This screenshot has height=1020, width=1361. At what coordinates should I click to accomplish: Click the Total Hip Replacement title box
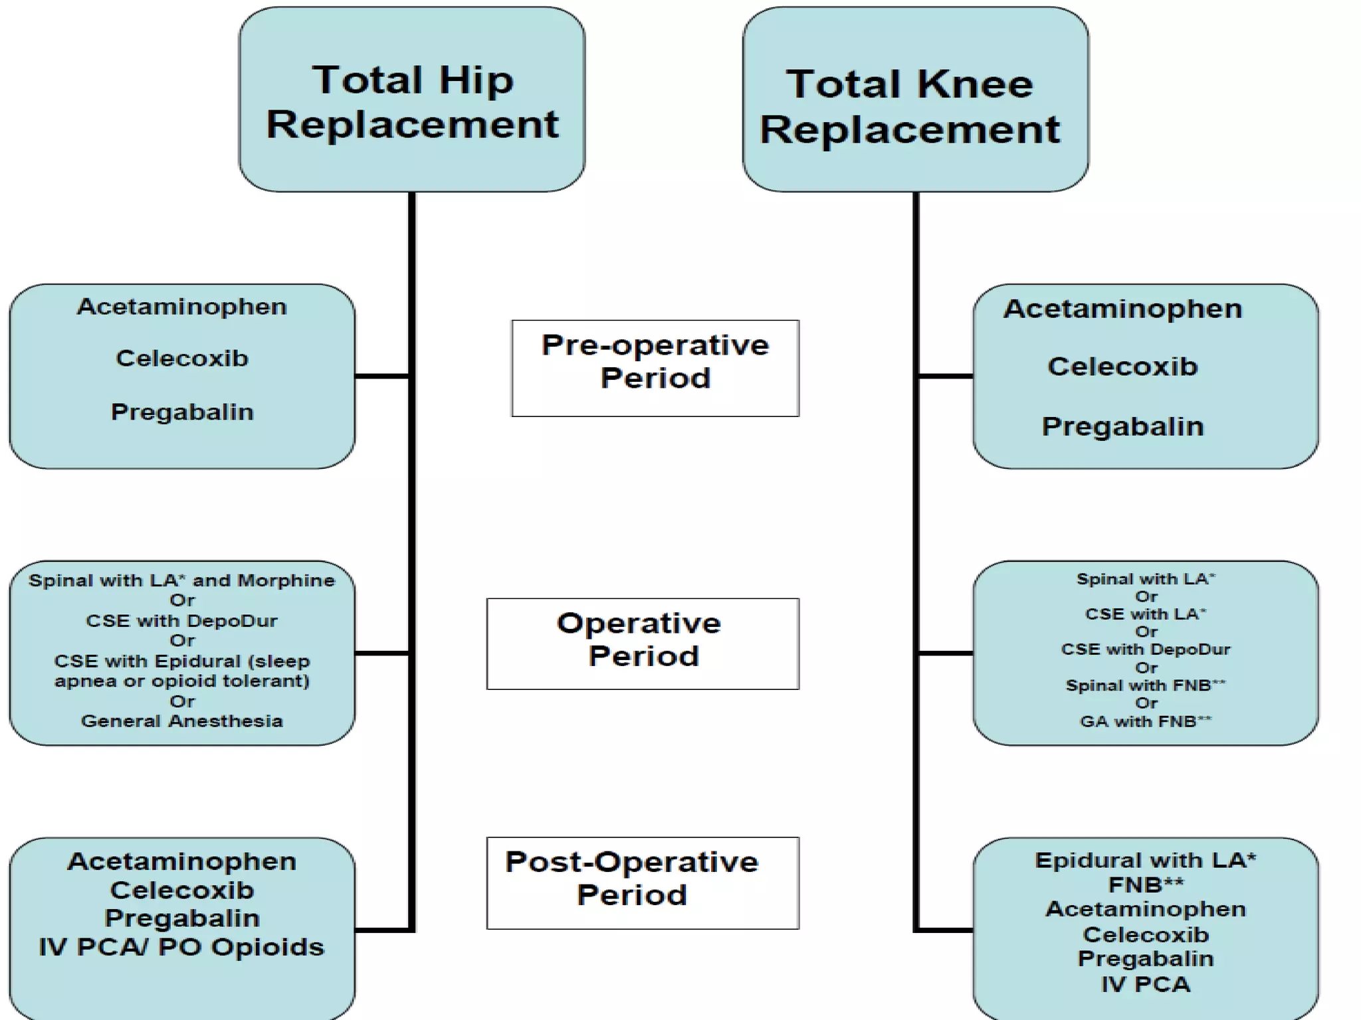pyautogui.click(x=412, y=100)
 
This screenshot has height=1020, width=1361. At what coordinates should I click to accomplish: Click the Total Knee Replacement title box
pyautogui.click(x=916, y=100)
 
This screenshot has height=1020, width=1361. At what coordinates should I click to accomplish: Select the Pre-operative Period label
pyautogui.click(x=655, y=362)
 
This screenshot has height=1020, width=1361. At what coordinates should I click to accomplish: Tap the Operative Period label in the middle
pyautogui.click(x=642, y=639)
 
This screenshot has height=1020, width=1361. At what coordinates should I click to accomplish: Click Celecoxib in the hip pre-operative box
pyautogui.click(x=182, y=359)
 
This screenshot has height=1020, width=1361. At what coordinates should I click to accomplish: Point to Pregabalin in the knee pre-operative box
pyautogui.click(x=1122, y=426)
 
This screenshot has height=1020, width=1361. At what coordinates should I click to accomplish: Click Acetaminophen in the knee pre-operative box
pyautogui.click(x=1122, y=309)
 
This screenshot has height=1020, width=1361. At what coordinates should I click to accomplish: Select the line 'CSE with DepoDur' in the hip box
pyautogui.click(x=182, y=621)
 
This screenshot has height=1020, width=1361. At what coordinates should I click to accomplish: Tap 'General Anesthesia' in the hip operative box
pyautogui.click(x=182, y=721)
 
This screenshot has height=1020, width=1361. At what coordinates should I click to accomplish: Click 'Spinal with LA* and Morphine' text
pyautogui.click(x=182, y=580)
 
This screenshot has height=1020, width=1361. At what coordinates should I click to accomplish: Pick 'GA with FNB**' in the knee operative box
pyautogui.click(x=1146, y=721)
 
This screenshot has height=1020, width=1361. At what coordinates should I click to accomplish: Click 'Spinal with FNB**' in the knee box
pyautogui.click(x=1146, y=685)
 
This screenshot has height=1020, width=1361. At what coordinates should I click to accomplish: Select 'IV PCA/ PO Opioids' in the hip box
pyautogui.click(x=182, y=947)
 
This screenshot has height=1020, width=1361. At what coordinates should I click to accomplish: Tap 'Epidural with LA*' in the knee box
pyautogui.click(x=1146, y=861)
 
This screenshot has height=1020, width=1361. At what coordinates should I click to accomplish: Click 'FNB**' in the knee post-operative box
pyautogui.click(x=1146, y=885)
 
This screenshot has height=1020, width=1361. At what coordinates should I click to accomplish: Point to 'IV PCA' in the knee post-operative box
pyautogui.click(x=1146, y=984)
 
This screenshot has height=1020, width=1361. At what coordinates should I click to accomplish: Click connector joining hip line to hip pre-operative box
pyautogui.click(x=381, y=377)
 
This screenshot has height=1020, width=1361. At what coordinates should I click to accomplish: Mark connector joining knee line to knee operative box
pyautogui.click(x=945, y=653)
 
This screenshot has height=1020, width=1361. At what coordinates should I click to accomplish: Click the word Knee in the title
pyautogui.click(x=975, y=84)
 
